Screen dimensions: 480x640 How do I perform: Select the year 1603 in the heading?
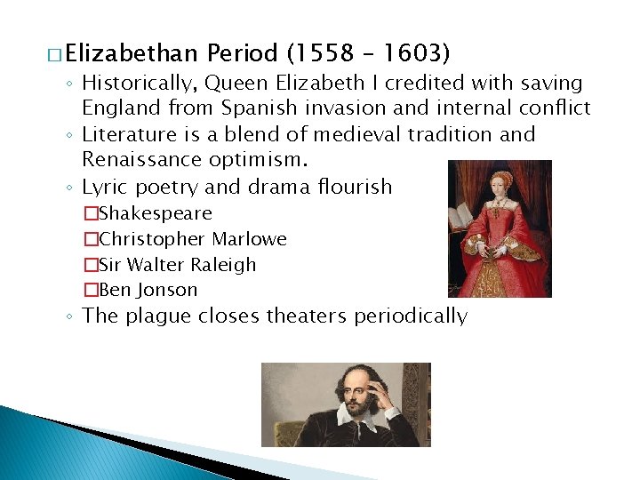pyautogui.click(x=407, y=53)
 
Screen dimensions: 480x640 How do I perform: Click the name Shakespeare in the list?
pyautogui.click(x=155, y=213)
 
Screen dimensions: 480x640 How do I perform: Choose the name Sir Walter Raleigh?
pyautogui.click(x=177, y=265)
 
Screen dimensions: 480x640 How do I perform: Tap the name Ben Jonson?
pyautogui.click(x=148, y=290)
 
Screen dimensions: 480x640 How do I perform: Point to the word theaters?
pyautogui.click(x=300, y=316)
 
